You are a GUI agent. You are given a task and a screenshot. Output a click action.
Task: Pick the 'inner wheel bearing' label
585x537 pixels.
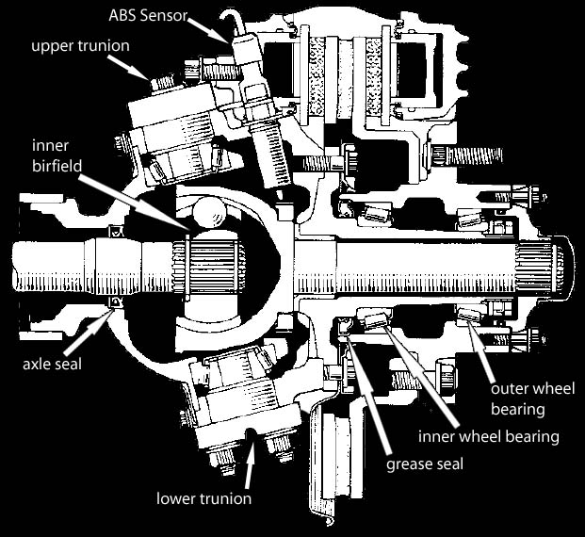click(491, 436)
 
